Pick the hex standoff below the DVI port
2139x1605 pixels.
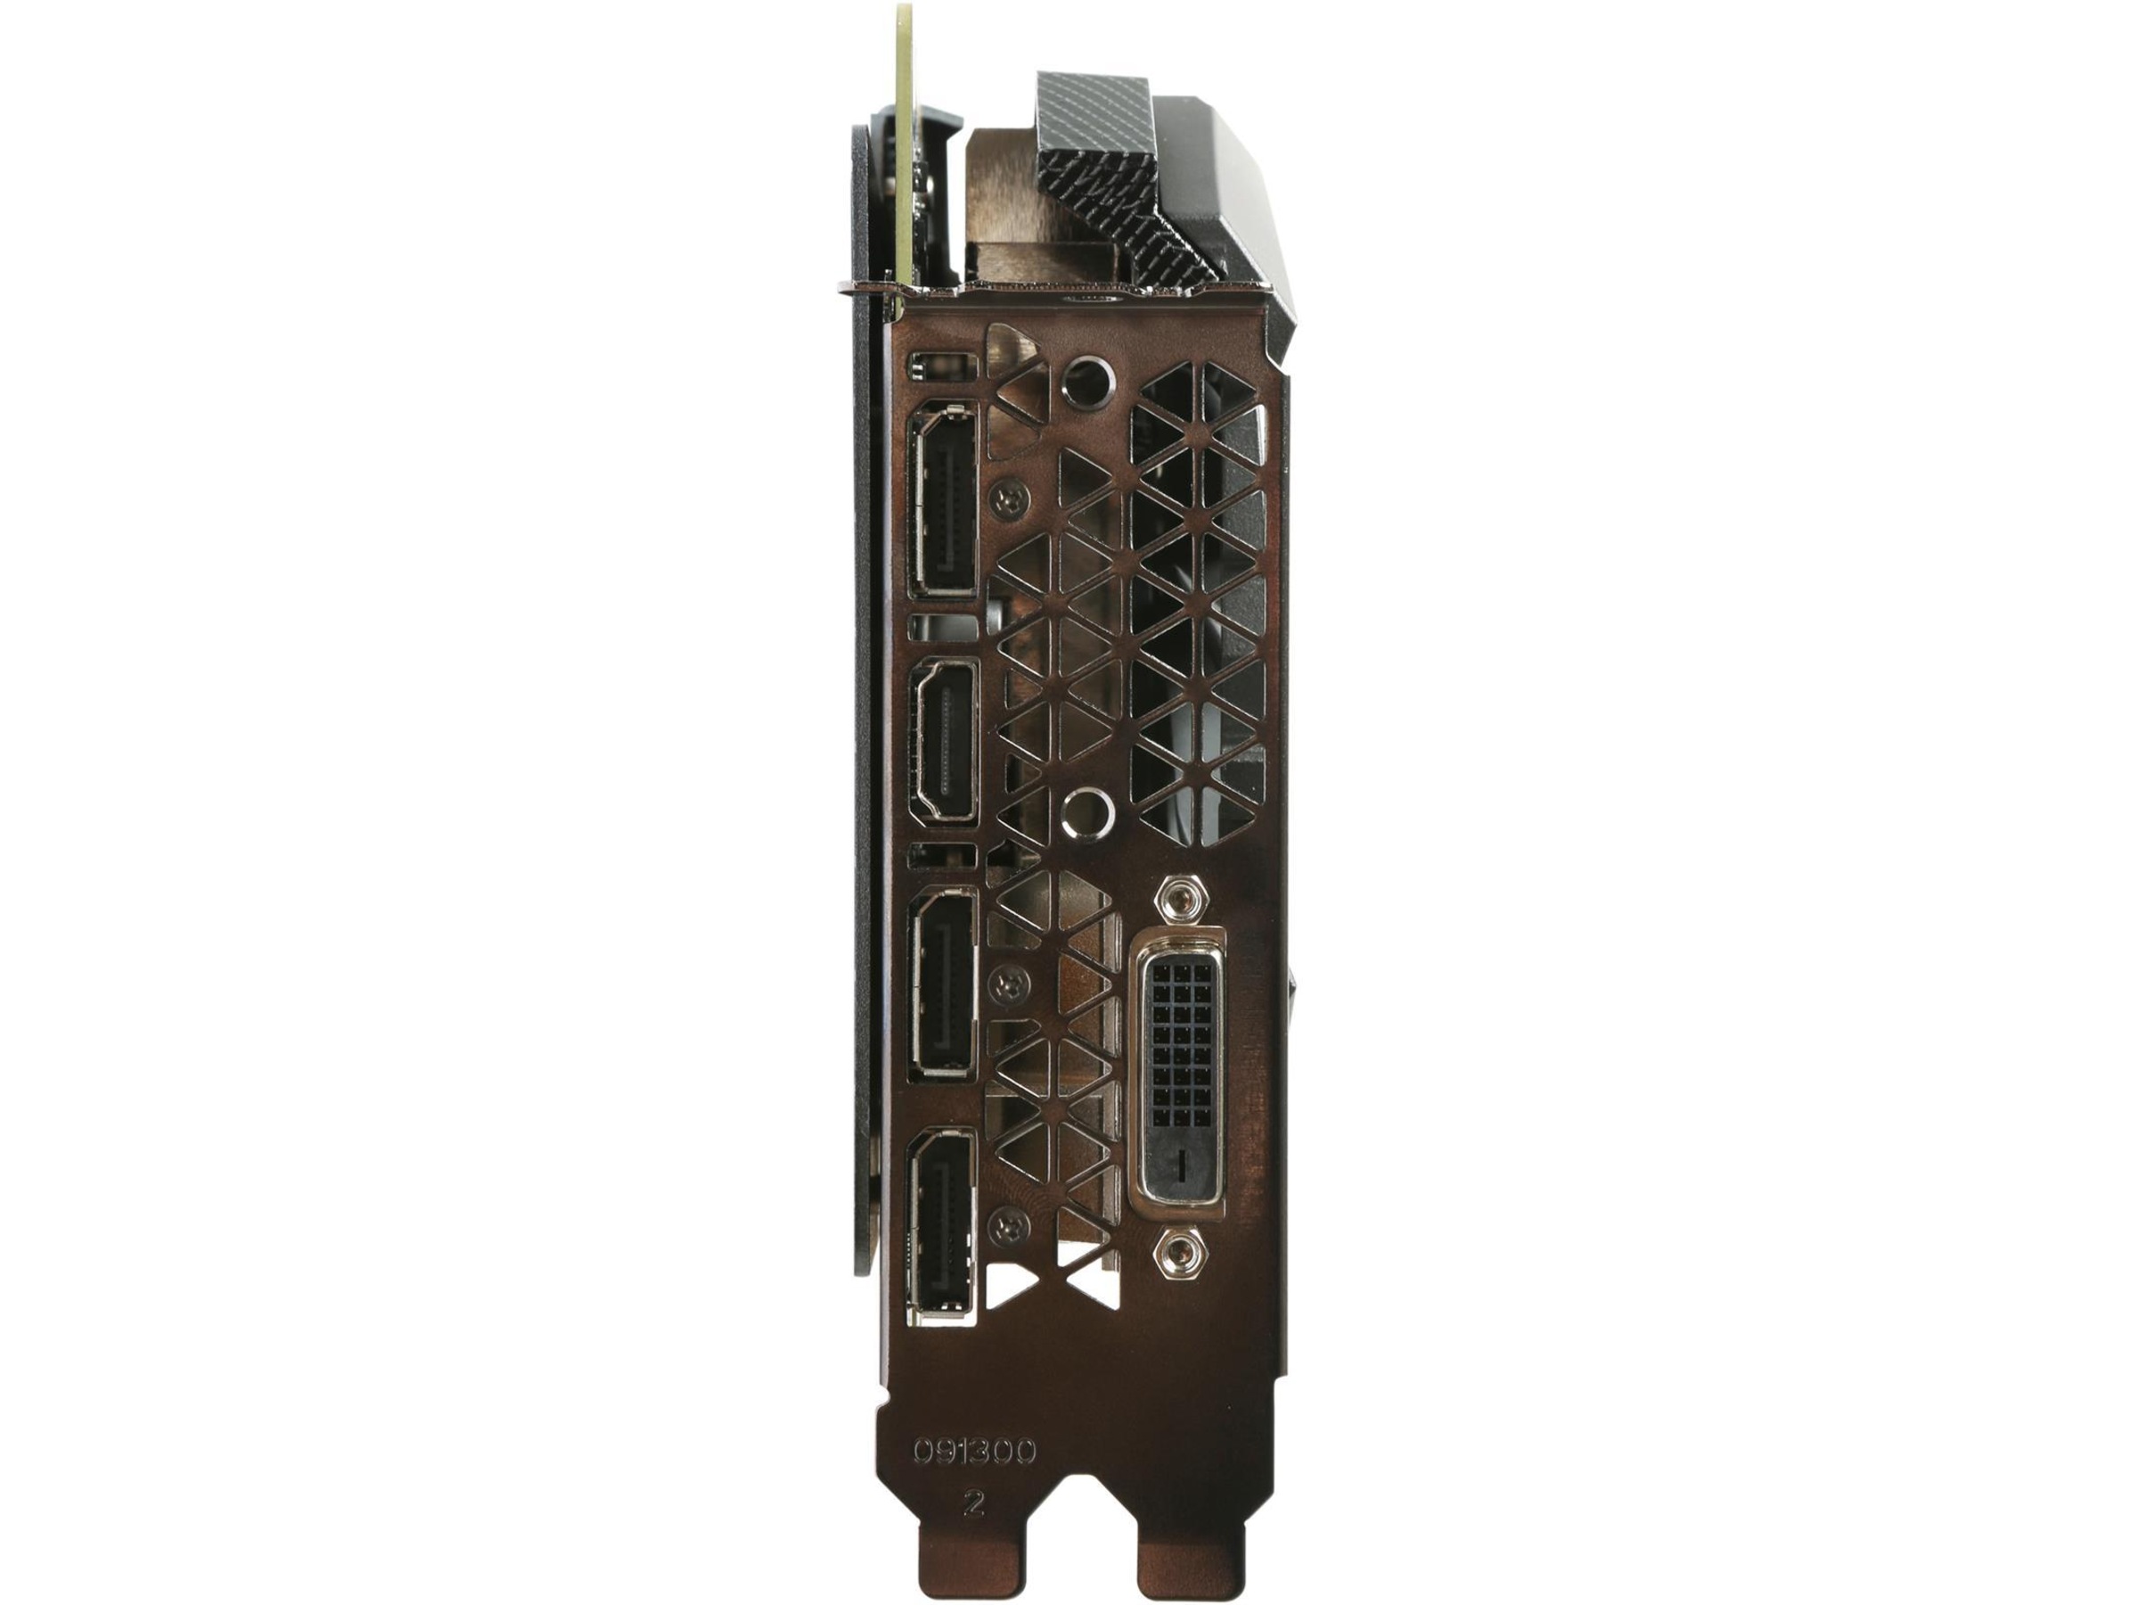[x=1179, y=1253]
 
